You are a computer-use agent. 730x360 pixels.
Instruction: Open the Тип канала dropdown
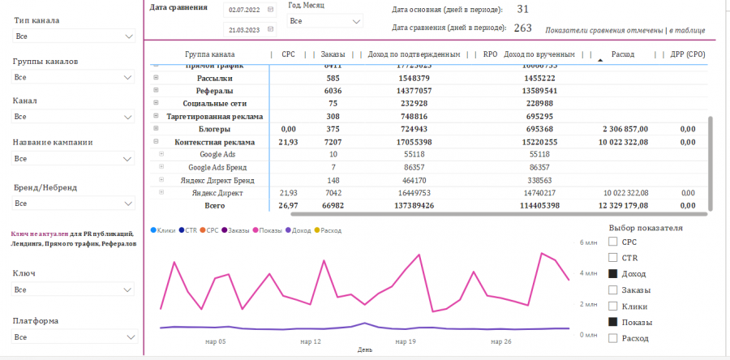[x=73, y=37]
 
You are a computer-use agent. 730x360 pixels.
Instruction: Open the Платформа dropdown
[x=73, y=336]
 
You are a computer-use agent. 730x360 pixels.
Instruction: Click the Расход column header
[x=624, y=54]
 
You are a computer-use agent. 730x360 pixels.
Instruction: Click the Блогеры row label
[x=214, y=129]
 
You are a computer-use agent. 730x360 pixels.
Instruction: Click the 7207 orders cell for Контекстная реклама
[x=327, y=142]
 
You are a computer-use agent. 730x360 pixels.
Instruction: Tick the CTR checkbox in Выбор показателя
[x=613, y=258]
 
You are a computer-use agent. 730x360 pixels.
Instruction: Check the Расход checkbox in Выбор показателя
[x=613, y=338]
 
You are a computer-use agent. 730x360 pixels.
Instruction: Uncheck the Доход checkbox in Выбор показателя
[x=613, y=274]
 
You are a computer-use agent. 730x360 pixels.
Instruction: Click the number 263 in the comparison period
[x=522, y=28]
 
